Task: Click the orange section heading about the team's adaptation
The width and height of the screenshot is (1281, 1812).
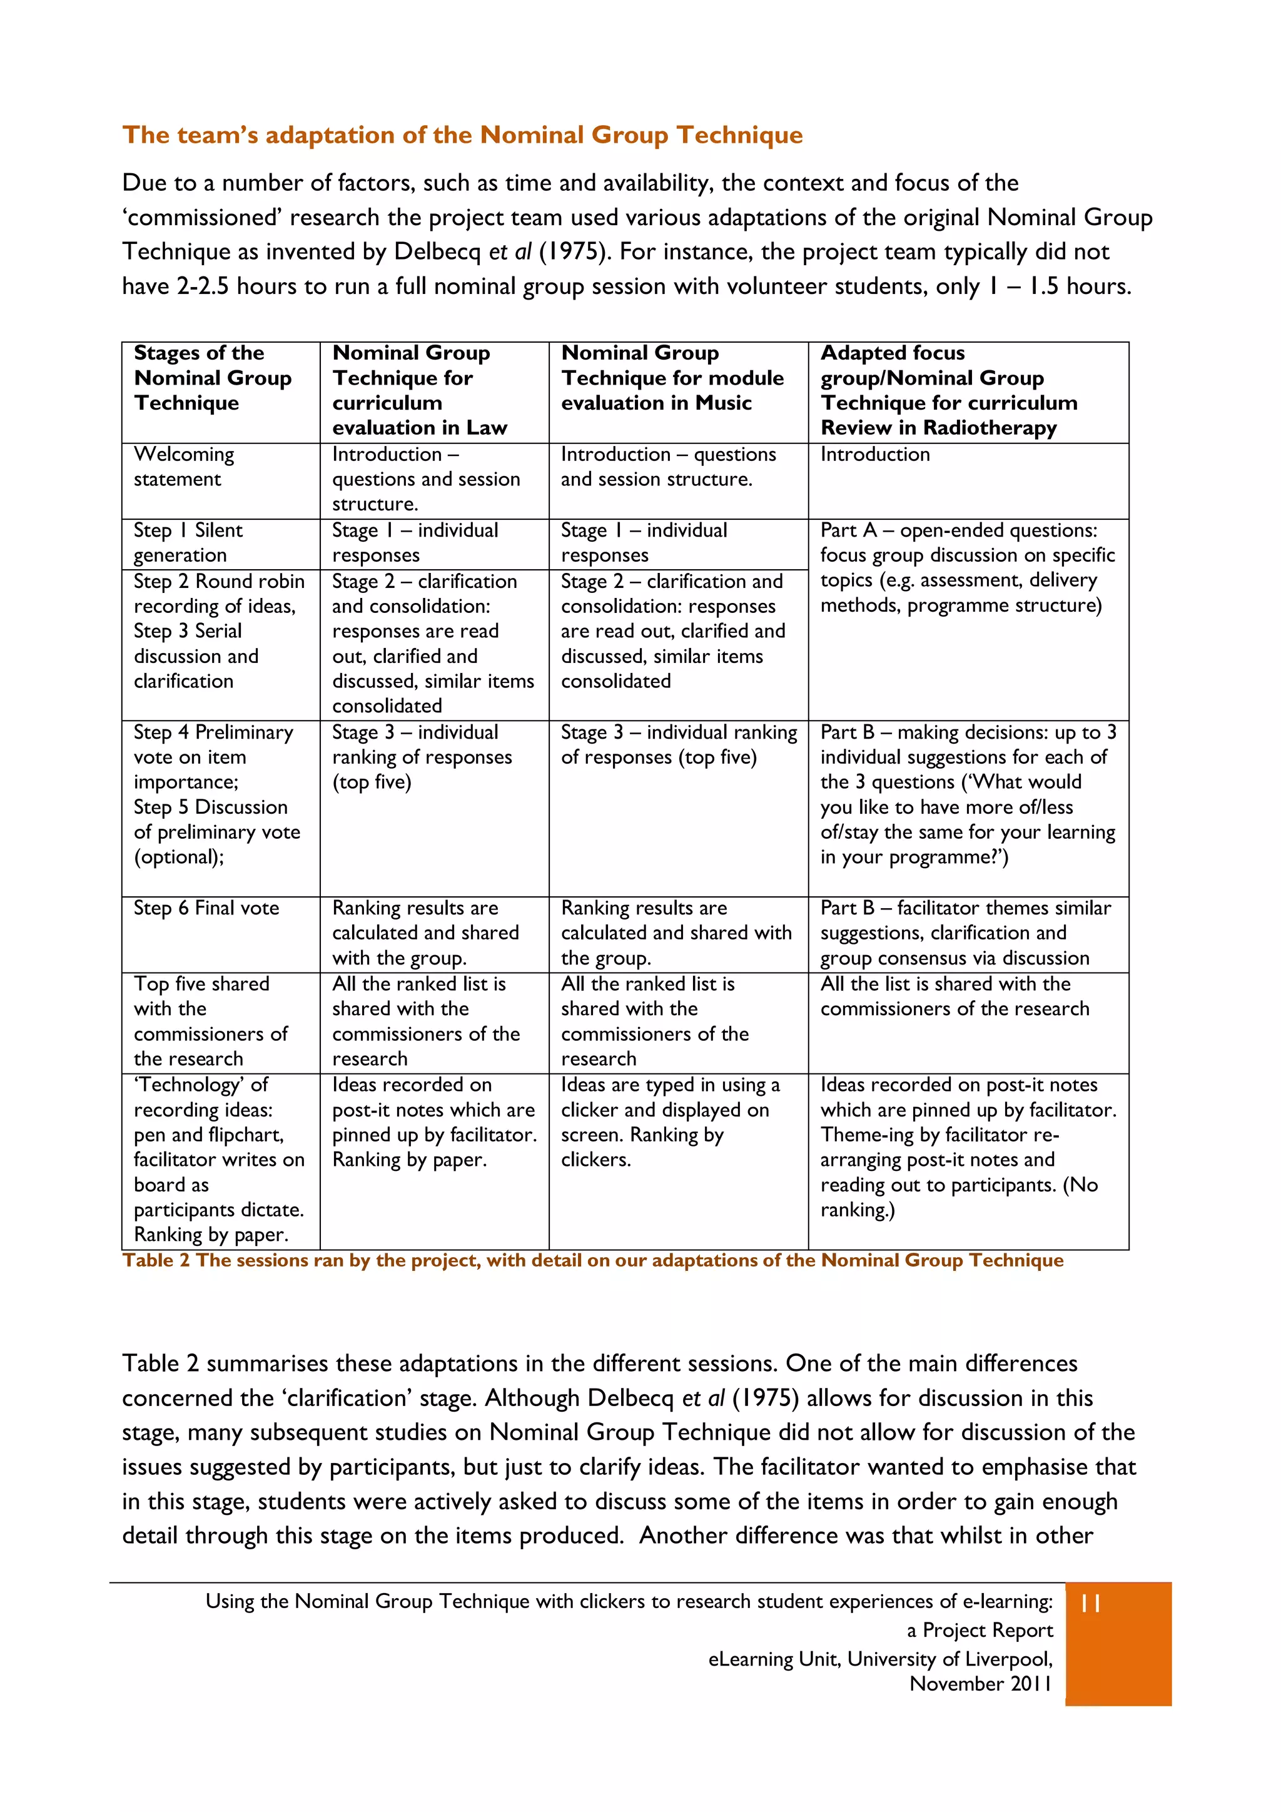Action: [462, 135]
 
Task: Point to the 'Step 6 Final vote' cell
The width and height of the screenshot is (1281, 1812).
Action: [207, 908]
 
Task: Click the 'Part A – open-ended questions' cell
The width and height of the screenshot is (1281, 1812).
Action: [967, 568]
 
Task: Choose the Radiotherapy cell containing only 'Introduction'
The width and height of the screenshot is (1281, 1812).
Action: [875, 455]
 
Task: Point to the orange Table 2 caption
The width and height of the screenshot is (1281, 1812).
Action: [592, 1260]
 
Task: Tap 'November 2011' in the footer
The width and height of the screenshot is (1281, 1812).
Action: [980, 1684]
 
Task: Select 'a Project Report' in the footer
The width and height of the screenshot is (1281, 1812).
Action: [979, 1631]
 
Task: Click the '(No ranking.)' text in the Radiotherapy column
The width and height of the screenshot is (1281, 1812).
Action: [959, 1197]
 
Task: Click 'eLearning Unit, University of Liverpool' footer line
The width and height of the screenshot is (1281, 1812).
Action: [880, 1659]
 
